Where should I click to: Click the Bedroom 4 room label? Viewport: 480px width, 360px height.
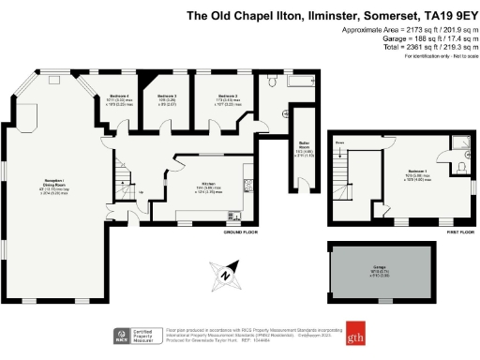click(116, 97)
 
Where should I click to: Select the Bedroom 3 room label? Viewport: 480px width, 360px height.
click(167, 97)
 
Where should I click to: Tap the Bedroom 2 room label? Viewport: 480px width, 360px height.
click(228, 97)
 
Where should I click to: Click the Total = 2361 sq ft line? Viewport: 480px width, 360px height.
click(419, 45)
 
